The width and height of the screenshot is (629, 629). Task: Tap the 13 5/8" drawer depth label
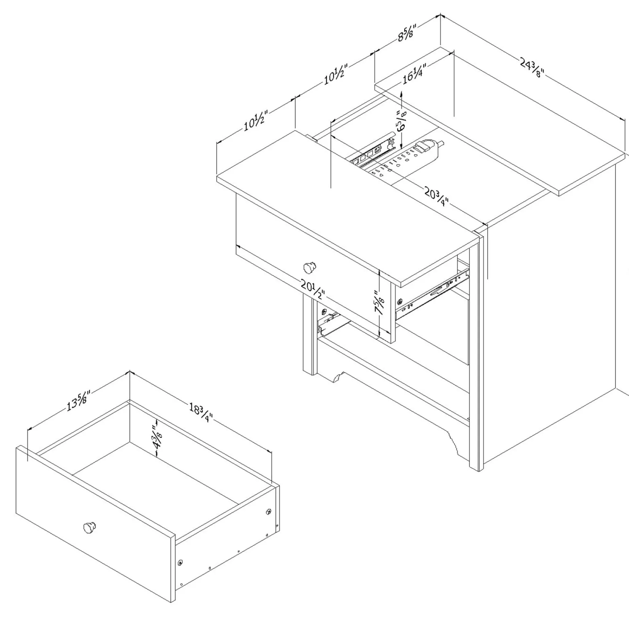(x=78, y=401)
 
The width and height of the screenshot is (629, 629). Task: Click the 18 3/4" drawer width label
(x=200, y=413)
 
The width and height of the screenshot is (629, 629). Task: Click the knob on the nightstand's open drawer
(x=309, y=268)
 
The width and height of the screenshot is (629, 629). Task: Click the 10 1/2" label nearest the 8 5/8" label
(x=335, y=74)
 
